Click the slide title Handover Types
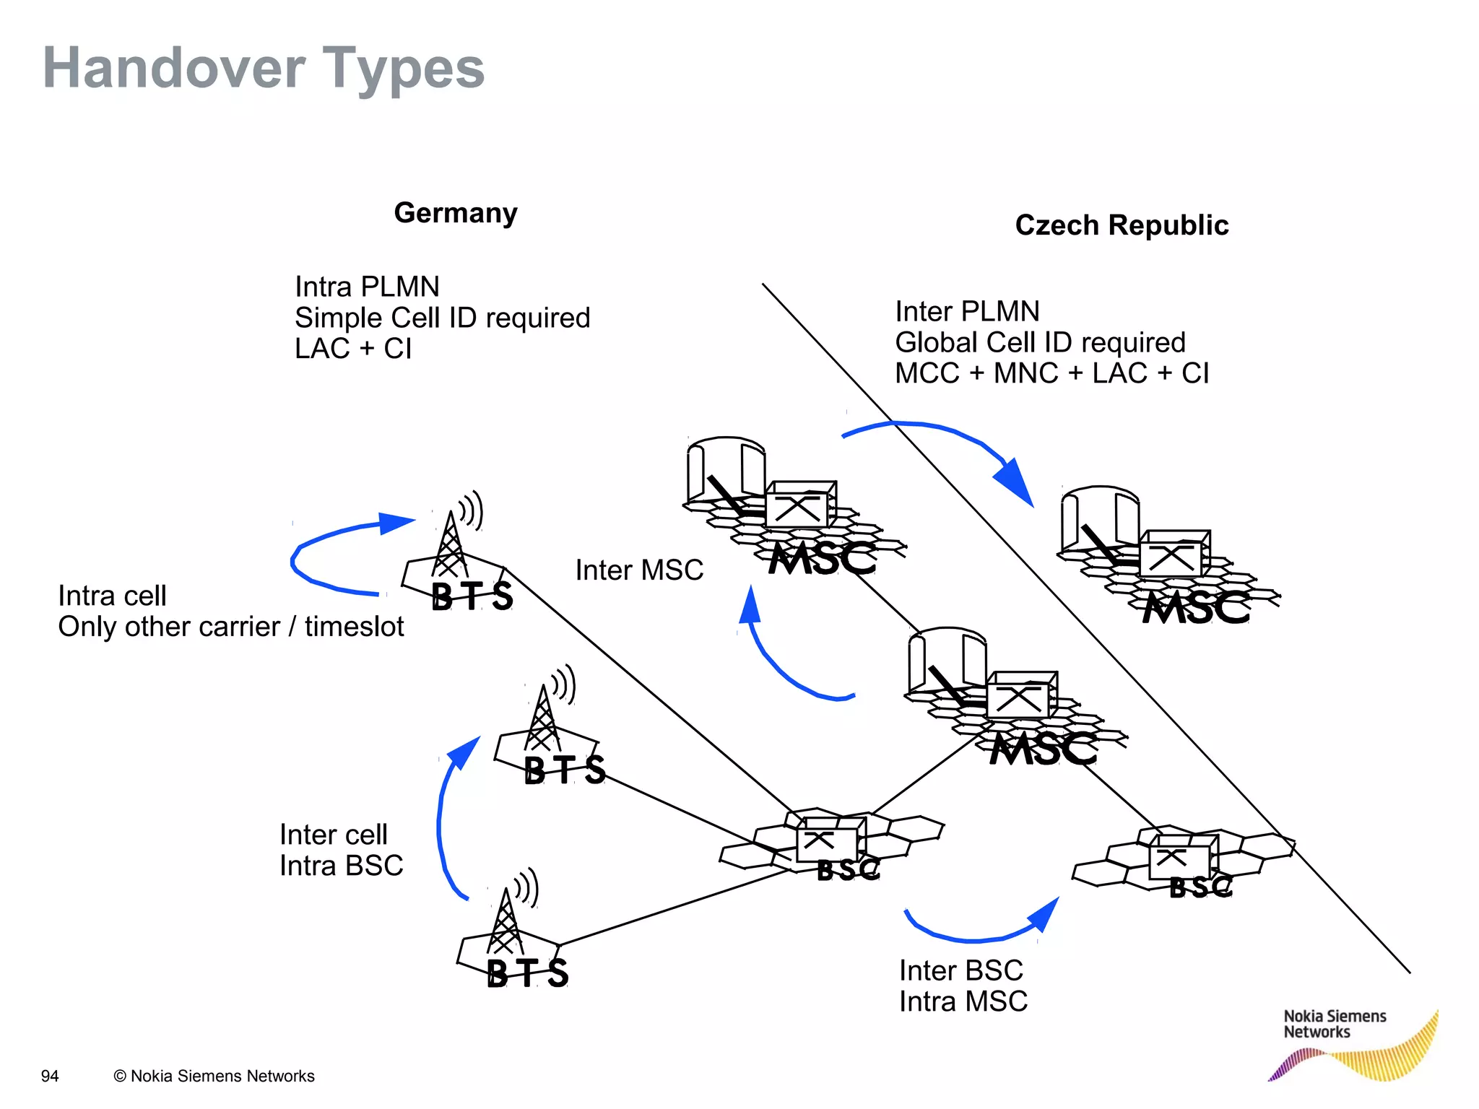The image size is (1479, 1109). click(x=264, y=68)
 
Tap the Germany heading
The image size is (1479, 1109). click(x=456, y=213)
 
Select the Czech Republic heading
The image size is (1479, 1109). click(x=1122, y=225)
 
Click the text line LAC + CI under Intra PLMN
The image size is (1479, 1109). click(x=353, y=349)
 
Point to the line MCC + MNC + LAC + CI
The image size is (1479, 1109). click(x=1051, y=373)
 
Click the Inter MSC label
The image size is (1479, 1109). click(x=639, y=570)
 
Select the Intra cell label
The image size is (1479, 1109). click(x=113, y=596)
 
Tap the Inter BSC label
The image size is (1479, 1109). click(x=961, y=971)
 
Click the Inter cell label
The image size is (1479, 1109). click(x=334, y=835)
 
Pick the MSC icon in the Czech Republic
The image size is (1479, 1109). click(x=1170, y=560)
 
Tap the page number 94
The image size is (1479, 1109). click(x=50, y=1077)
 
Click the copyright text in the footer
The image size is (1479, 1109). click(x=214, y=1077)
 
